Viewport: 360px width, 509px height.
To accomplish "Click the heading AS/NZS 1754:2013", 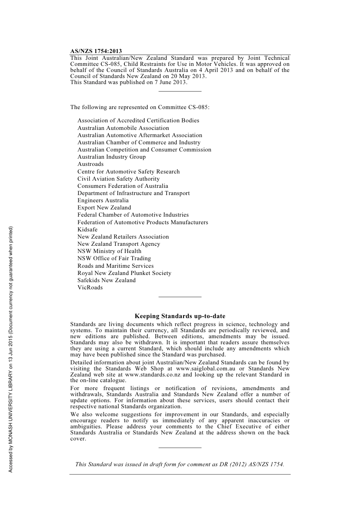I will point(96,51).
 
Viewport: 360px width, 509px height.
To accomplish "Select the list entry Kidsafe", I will point(88,230).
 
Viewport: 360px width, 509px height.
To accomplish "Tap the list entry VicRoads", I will point(90,287).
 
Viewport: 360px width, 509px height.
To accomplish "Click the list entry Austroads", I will point(91,164).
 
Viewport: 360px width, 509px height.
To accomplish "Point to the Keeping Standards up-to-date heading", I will point(180,316).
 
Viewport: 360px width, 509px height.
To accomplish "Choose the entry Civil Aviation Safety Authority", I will point(119,179).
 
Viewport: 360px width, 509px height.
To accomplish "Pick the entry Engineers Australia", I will point(103,200).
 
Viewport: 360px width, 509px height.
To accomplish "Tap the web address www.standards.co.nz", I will point(153,375).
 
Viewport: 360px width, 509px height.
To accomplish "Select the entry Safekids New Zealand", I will point(106,280).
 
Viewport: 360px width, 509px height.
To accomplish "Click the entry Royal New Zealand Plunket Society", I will point(124,273).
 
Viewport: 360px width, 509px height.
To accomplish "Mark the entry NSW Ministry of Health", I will point(110,251).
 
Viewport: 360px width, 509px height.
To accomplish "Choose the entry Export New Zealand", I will point(104,208).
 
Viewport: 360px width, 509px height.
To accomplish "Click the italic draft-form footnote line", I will point(180,464).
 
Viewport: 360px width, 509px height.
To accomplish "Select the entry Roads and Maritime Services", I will point(116,266).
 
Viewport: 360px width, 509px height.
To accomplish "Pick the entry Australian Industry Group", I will point(111,157).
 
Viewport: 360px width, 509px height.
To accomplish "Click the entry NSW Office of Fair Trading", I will point(114,258).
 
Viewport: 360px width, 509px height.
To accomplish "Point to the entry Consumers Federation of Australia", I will point(123,186).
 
